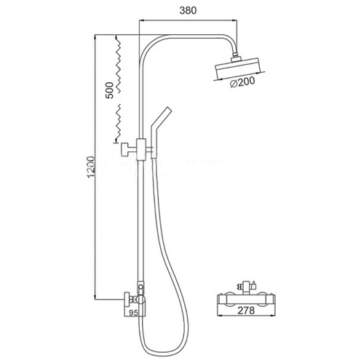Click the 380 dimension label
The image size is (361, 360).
click(x=188, y=10)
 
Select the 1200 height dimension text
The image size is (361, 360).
click(x=91, y=167)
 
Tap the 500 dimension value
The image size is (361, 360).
click(x=110, y=90)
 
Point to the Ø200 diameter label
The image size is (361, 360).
click(x=242, y=81)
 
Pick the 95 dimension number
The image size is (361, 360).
click(x=133, y=313)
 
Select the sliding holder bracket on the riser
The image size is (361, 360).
click(x=141, y=150)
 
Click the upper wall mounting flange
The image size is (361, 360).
click(x=126, y=150)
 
